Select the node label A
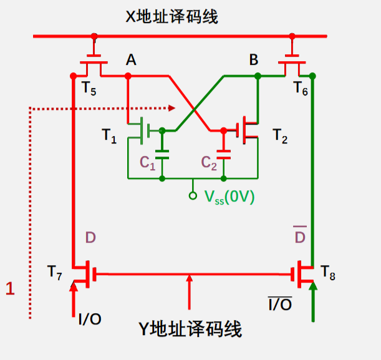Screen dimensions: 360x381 pos(131,60)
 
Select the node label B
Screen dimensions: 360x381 pos(254,60)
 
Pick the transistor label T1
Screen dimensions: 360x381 pos(109,137)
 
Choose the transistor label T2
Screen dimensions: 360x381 pos(281,137)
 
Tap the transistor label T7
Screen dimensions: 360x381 pos(54,272)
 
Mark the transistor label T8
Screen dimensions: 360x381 pos(329,271)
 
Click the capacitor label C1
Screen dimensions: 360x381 pos(147,163)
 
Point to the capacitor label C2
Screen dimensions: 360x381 pos(208,163)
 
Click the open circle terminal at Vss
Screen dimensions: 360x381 pos(193,196)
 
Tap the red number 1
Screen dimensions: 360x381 pos(9,288)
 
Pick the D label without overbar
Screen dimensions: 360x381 pos(91,238)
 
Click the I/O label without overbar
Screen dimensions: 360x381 pos(90,319)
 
